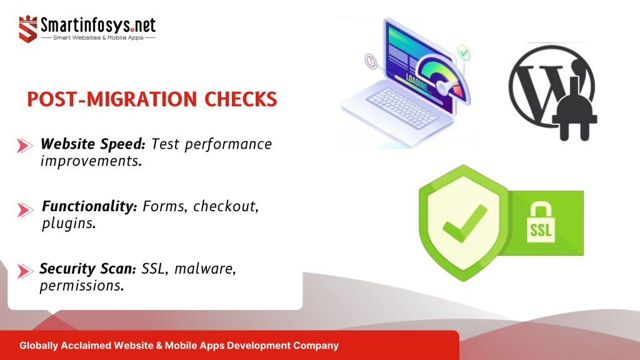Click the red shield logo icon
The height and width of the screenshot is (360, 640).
click(x=27, y=29)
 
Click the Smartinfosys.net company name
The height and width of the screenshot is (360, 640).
click(x=98, y=26)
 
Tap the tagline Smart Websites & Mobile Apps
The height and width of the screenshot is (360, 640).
click(x=98, y=37)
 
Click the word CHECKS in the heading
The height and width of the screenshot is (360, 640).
click(x=241, y=99)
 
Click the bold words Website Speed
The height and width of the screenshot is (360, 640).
click(x=93, y=144)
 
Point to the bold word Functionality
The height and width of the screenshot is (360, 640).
click(x=89, y=206)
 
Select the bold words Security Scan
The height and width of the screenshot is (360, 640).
click(x=87, y=269)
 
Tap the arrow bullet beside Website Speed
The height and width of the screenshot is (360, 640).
click(x=25, y=145)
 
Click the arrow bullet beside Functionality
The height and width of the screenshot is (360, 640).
click(x=25, y=210)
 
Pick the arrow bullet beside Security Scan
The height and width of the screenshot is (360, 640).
click(x=25, y=271)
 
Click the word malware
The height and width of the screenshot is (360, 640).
click(x=205, y=269)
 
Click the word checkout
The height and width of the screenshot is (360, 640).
click(x=226, y=206)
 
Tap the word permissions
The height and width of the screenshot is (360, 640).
click(x=82, y=286)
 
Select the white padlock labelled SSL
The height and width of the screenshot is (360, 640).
click(x=541, y=223)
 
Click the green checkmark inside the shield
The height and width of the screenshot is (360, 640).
click(x=464, y=223)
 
